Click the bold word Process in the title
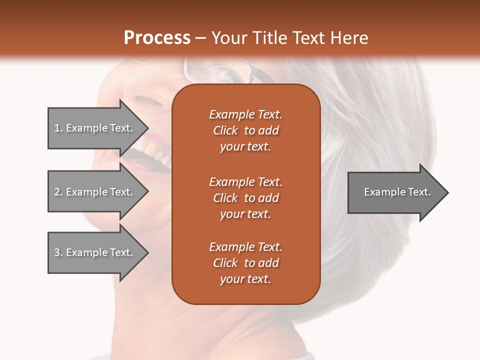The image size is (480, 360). [x=157, y=38]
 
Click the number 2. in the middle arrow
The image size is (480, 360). [x=58, y=192]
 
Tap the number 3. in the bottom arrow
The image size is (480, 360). [x=58, y=252]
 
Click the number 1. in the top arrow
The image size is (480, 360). [x=58, y=128]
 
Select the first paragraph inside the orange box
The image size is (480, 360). [x=245, y=130]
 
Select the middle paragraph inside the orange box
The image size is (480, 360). [x=245, y=197]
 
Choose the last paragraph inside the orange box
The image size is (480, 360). [x=245, y=263]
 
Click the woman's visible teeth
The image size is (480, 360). [x=152, y=150]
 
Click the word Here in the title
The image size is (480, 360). [x=349, y=38]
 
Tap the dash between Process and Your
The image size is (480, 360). [x=200, y=38]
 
